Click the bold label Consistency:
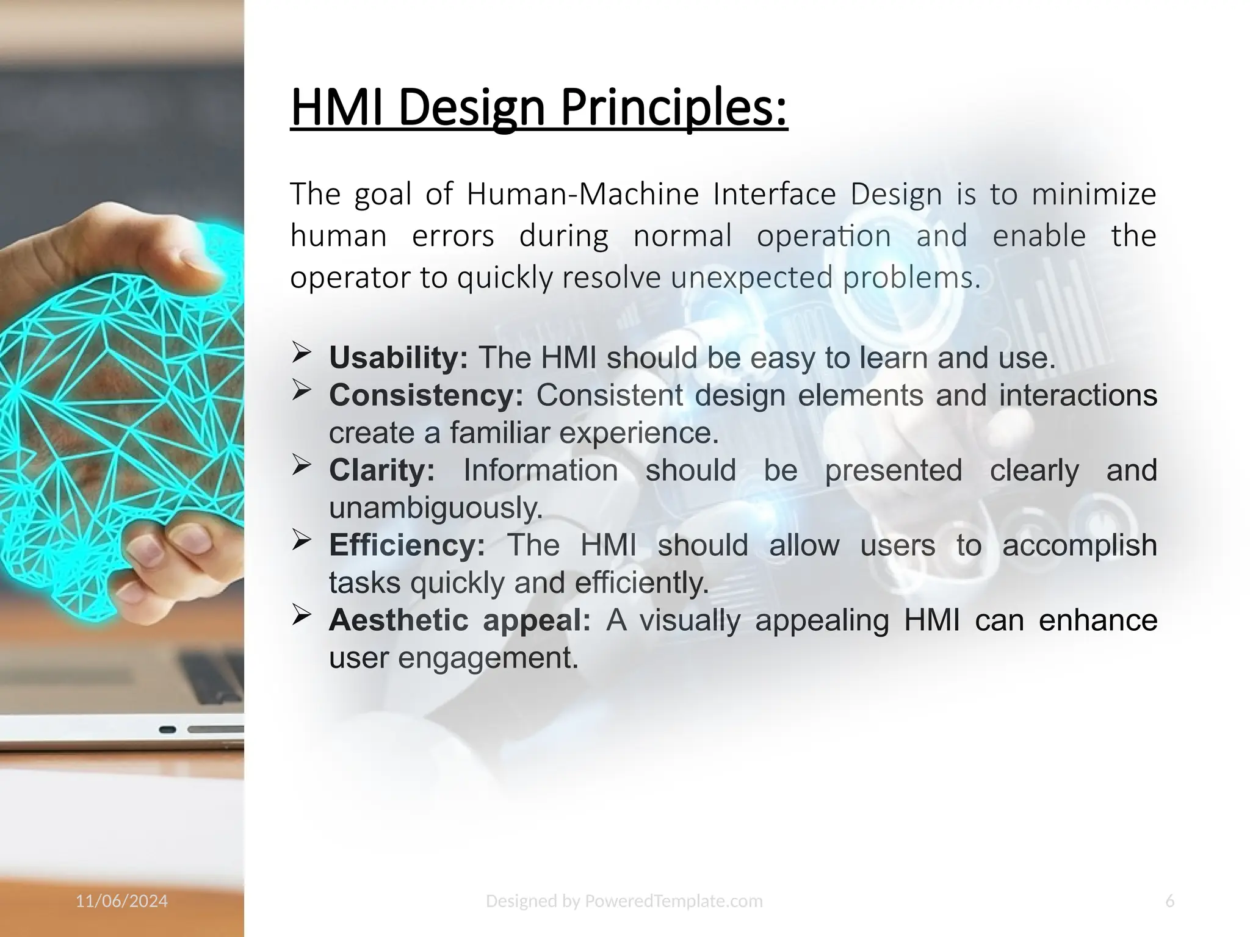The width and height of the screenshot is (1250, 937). pyautogui.click(x=426, y=395)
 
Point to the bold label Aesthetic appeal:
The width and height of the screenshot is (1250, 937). pyautogui.click(x=460, y=620)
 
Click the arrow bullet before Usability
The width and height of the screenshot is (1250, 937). pyautogui.click(x=302, y=353)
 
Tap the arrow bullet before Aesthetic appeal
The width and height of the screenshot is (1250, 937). pyautogui.click(x=302, y=616)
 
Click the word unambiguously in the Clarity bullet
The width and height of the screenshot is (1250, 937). pyautogui.click(x=436, y=508)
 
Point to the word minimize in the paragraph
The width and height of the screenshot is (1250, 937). pyautogui.click(x=1094, y=195)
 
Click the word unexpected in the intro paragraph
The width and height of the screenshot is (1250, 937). pyautogui.click(x=751, y=278)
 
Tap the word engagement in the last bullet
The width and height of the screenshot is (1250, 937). pyautogui.click(x=488, y=658)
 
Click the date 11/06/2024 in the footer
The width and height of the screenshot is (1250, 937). pyautogui.click(x=121, y=901)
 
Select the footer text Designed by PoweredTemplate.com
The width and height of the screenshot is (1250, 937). pyautogui.click(x=624, y=901)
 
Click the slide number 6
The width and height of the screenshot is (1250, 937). pyautogui.click(x=1169, y=901)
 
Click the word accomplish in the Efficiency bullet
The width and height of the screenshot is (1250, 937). pyautogui.click(x=1079, y=545)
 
